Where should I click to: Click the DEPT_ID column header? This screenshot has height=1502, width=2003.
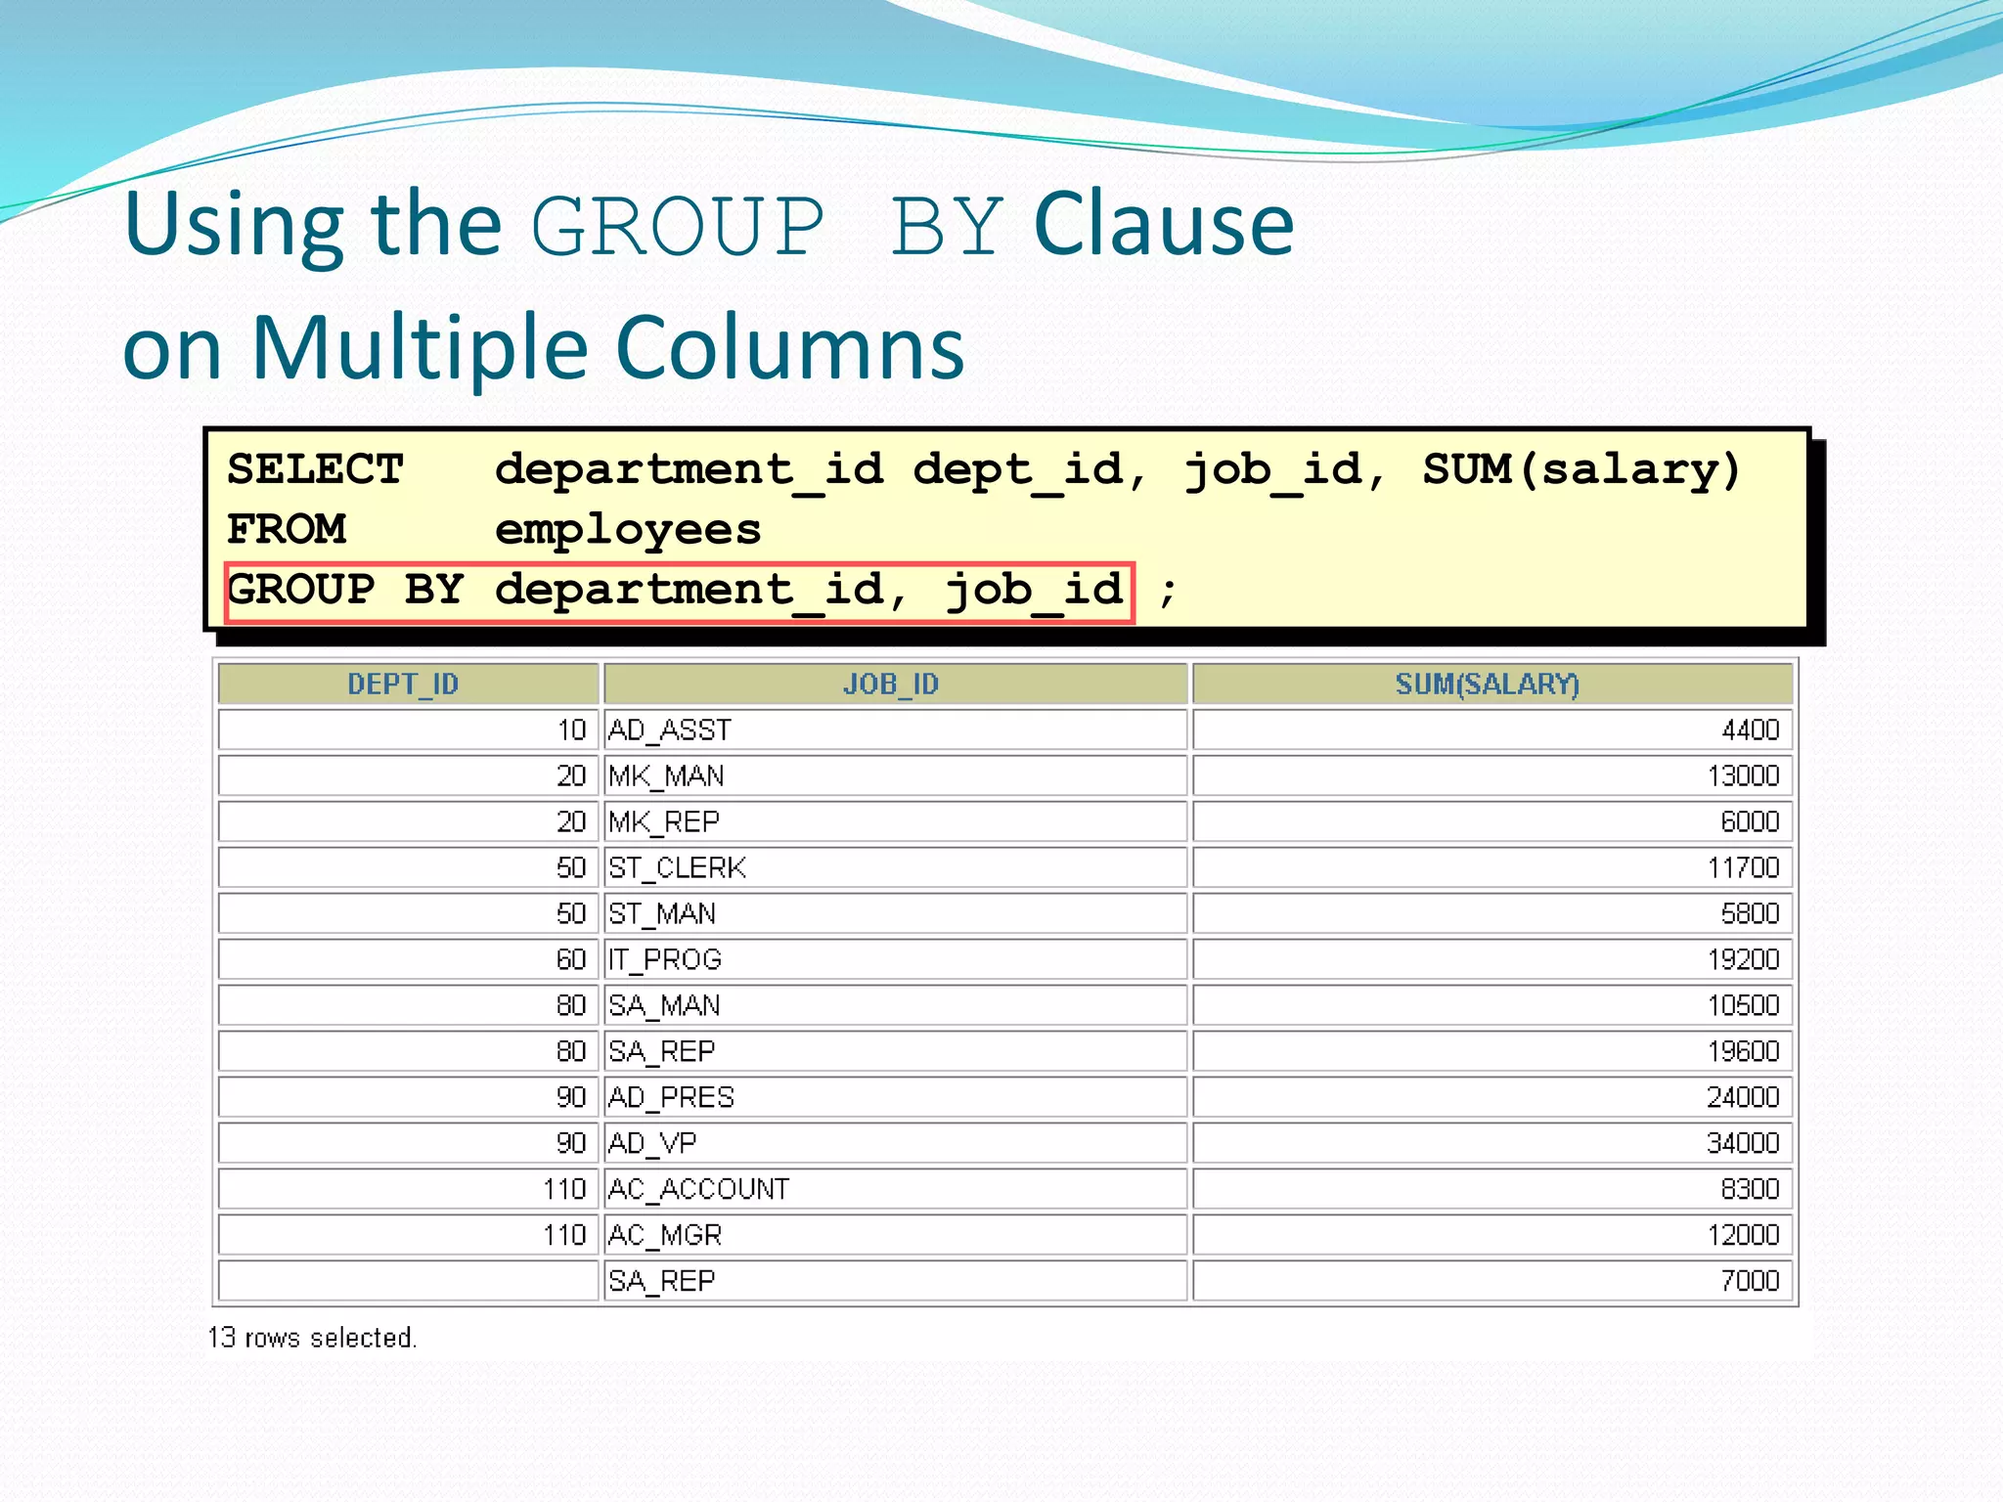click(403, 684)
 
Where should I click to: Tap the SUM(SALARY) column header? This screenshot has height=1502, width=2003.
click(1488, 684)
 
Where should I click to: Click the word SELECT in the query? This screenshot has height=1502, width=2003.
click(315, 470)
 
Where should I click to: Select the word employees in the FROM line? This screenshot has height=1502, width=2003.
click(628, 530)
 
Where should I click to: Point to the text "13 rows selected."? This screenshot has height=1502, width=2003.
click(312, 1338)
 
